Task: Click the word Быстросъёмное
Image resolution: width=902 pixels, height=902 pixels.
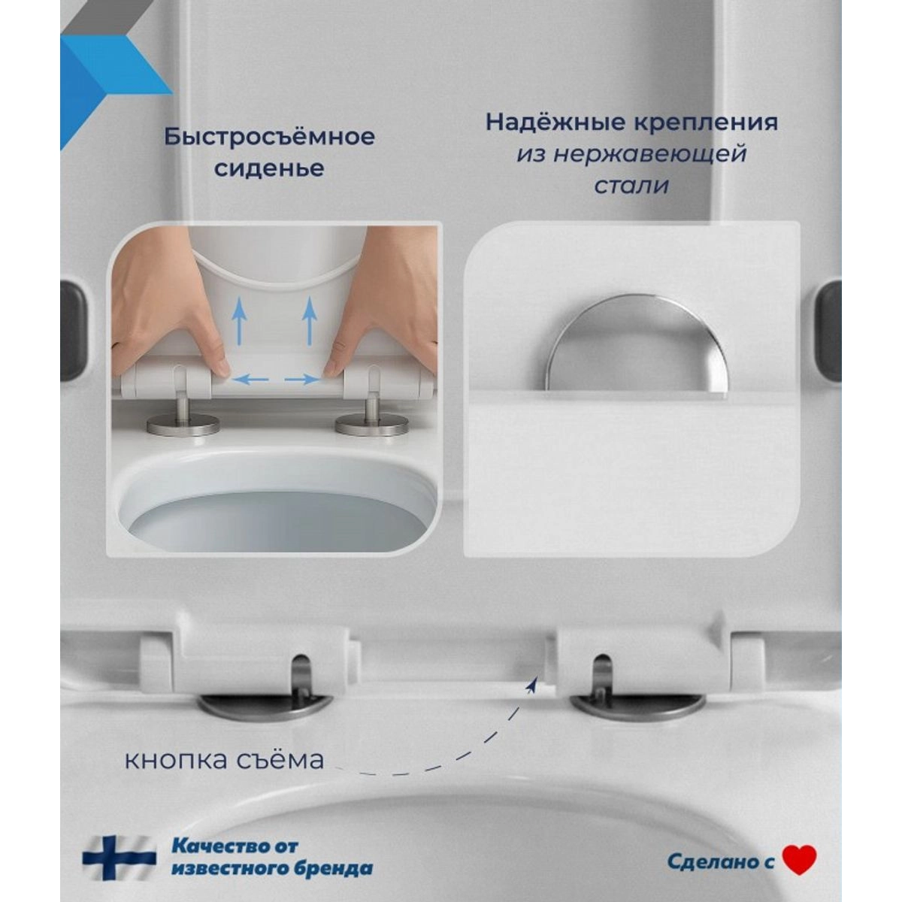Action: pyautogui.click(x=270, y=137)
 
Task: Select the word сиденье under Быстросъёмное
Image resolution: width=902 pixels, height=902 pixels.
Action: pyautogui.click(x=269, y=168)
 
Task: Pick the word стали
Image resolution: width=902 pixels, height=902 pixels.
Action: pyautogui.click(x=631, y=186)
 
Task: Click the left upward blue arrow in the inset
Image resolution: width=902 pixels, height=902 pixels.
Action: pyautogui.click(x=240, y=321)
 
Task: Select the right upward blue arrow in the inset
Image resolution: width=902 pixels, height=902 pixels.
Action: pyautogui.click(x=310, y=321)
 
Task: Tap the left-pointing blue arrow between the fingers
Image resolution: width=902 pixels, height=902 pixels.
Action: pyautogui.click(x=250, y=380)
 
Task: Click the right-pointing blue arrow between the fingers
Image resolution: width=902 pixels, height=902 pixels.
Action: pyautogui.click(x=302, y=380)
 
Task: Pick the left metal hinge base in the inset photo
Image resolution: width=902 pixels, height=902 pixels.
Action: pyautogui.click(x=183, y=424)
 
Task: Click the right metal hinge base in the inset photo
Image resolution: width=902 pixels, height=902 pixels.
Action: pyautogui.click(x=371, y=424)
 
